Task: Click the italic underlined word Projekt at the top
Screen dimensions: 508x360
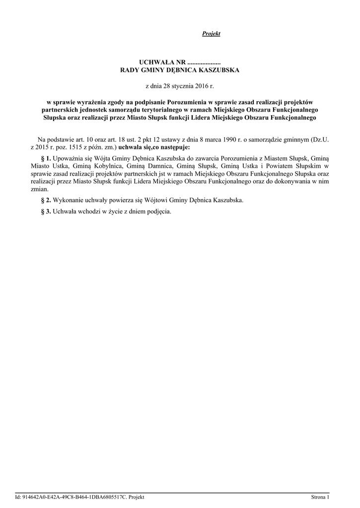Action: [x=211, y=34]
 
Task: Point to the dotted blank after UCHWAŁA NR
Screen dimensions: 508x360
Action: [x=204, y=63]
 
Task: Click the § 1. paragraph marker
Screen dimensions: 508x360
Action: [x=46, y=157]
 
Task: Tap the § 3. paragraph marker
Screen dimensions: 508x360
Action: [x=46, y=211]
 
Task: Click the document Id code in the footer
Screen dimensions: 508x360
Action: [x=75, y=497]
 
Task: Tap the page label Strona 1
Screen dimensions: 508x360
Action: [x=320, y=497]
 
